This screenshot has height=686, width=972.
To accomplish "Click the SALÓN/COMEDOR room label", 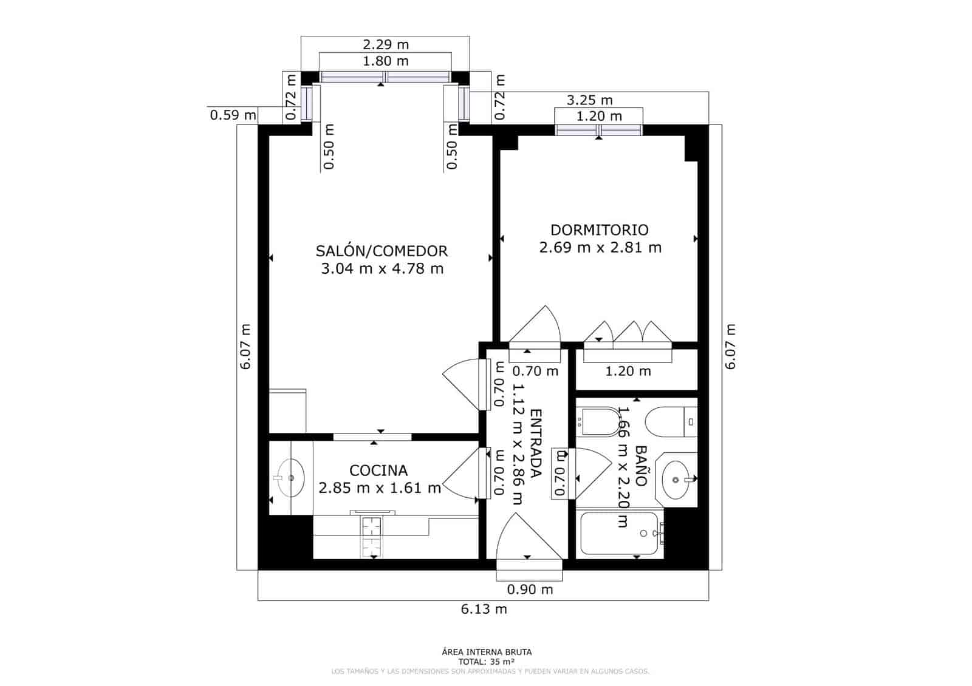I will (382, 251).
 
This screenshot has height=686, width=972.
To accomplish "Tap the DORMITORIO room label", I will (599, 230).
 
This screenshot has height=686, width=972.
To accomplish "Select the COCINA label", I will (378, 470).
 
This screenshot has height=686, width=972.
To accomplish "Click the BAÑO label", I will (640, 465).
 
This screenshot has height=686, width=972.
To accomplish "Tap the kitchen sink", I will (291, 478).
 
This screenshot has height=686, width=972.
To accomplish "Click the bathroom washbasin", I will (676, 478).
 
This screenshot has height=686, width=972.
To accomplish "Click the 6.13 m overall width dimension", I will (484, 609).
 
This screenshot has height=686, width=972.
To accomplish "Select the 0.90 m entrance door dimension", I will (530, 589).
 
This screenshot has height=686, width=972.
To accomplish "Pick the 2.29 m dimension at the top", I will (386, 44).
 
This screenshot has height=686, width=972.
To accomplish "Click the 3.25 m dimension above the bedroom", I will (589, 100).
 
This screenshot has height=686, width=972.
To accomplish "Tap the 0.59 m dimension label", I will (233, 114).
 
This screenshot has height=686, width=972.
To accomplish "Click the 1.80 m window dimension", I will (386, 61).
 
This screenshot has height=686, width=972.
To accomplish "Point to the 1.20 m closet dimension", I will (628, 371).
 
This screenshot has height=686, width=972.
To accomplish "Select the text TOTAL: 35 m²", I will (487, 662).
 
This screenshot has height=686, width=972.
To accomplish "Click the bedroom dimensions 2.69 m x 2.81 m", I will (600, 248).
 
